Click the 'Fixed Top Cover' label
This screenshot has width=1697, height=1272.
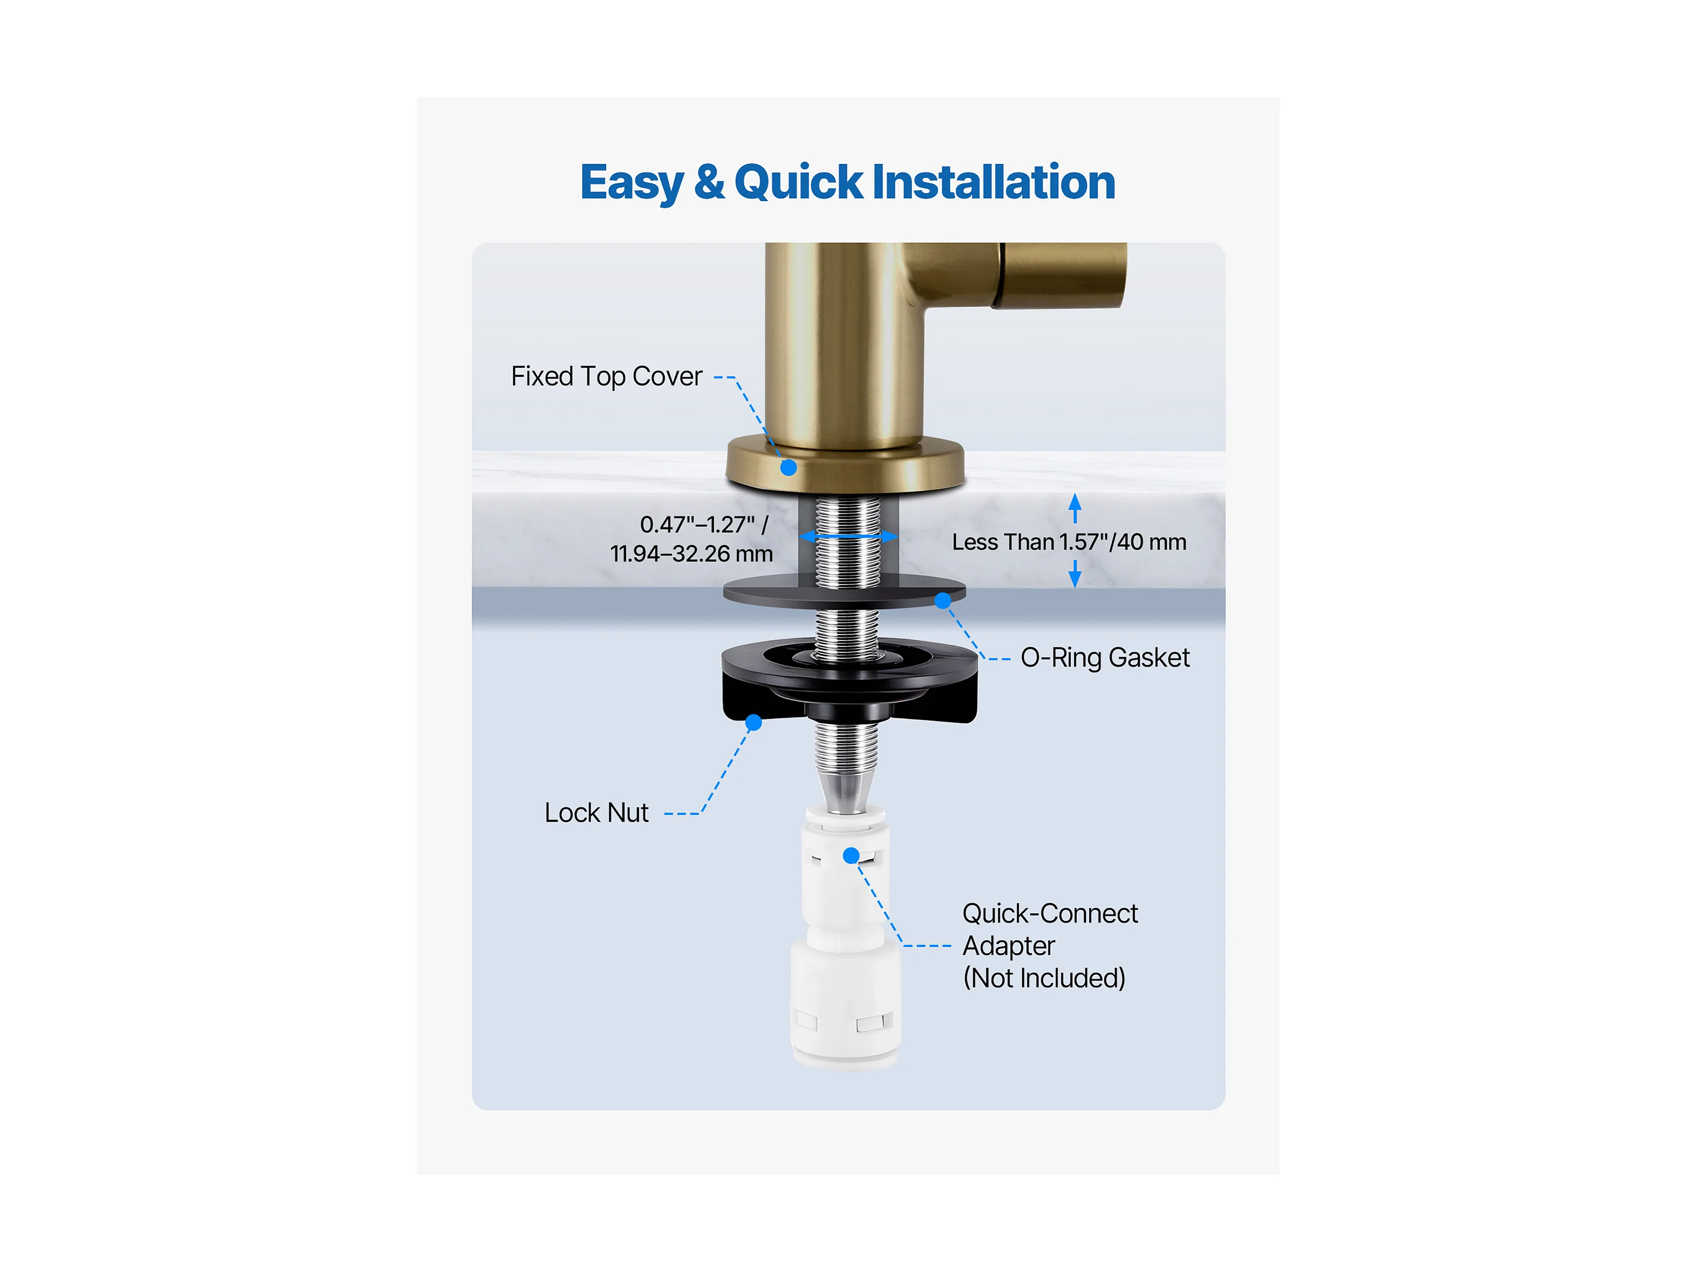(x=607, y=376)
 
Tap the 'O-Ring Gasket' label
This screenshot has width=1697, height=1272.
(x=1105, y=658)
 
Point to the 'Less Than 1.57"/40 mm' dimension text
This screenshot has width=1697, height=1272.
(x=1069, y=542)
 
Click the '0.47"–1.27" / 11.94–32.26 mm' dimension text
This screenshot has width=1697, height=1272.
(x=692, y=539)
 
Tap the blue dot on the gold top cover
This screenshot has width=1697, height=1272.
(x=789, y=467)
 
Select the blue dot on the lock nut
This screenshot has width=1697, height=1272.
(x=754, y=722)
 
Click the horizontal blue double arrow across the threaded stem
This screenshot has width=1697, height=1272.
(x=849, y=536)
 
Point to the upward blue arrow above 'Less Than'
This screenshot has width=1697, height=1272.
(x=1075, y=508)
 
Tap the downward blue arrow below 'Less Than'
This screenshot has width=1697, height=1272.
(x=1075, y=574)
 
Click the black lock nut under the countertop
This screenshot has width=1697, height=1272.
(x=849, y=681)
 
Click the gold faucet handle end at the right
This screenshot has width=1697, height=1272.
(x=1063, y=275)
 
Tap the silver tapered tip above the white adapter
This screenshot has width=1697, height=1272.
(x=845, y=792)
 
